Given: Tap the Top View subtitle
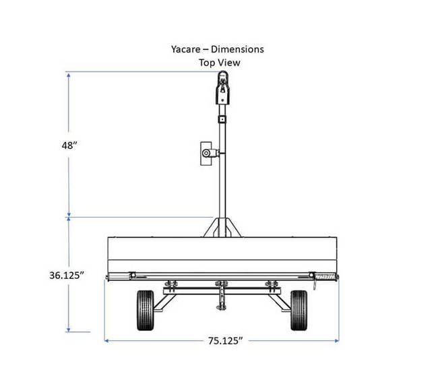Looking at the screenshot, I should click(219, 63).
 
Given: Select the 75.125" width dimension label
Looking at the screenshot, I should click(222, 340).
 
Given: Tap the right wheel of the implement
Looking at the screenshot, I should click(299, 310).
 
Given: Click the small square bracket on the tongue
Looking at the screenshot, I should click(221, 119).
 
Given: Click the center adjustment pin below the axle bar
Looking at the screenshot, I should click(221, 300).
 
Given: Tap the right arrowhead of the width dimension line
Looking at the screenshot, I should click(336, 340).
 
